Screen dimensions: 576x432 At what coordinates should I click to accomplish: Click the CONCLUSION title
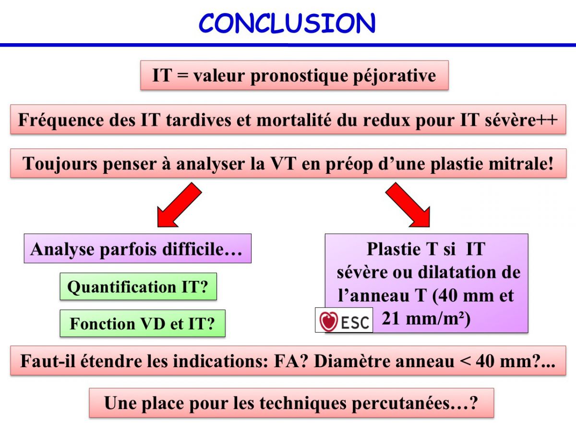coord(287,23)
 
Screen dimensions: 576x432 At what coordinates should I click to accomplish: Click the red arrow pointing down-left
coord(180,204)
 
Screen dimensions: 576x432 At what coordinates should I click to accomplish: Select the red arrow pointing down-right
coord(408,204)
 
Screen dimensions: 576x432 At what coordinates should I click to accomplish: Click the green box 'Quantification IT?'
coord(138,287)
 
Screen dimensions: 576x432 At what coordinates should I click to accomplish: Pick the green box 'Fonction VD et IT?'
coord(143,323)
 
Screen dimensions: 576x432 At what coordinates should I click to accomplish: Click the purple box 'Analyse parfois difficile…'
coord(137,248)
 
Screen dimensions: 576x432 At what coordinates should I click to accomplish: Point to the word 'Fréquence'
coord(61,120)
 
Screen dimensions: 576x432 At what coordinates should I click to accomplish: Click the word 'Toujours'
coord(60,165)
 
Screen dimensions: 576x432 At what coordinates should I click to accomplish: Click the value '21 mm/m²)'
coord(426,319)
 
